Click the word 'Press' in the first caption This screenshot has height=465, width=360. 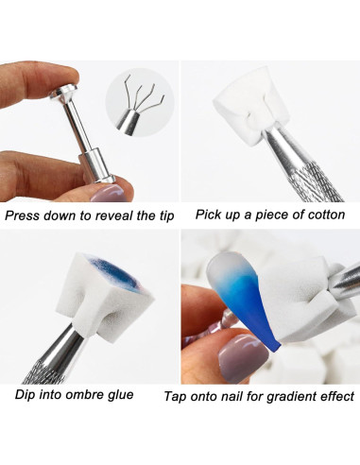pyautogui.click(x=22, y=215)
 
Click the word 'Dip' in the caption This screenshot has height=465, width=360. pyautogui.click(x=25, y=394)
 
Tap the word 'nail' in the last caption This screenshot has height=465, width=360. pyautogui.click(x=232, y=396)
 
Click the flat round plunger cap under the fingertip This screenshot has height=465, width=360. pyautogui.click(x=64, y=93)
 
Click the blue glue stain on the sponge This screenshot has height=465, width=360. pyautogui.click(x=116, y=272)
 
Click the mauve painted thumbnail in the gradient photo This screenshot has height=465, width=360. pyautogui.click(x=243, y=358)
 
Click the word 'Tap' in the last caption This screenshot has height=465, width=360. pyautogui.click(x=175, y=396)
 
